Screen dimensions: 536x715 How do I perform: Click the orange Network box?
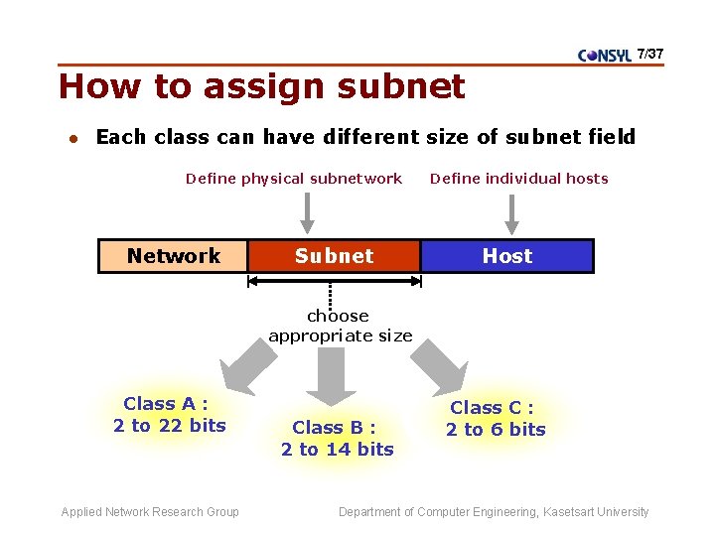point(173,256)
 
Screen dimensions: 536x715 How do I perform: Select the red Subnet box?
point(334,256)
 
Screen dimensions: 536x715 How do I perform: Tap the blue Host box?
point(506,256)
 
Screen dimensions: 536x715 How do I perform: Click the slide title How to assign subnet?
point(261,87)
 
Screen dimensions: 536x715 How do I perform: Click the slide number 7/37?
point(650,53)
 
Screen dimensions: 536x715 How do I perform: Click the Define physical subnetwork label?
point(293,179)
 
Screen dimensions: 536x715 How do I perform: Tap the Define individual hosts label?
point(518,179)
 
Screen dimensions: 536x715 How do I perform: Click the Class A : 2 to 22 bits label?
point(169,415)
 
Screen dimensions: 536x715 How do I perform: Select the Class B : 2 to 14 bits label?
point(337,438)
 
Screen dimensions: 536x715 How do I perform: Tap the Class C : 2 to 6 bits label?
point(495,418)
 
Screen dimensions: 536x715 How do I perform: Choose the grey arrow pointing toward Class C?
point(438,369)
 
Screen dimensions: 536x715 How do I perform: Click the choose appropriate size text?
point(340,326)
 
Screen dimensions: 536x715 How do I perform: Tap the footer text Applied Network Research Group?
point(150,512)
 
